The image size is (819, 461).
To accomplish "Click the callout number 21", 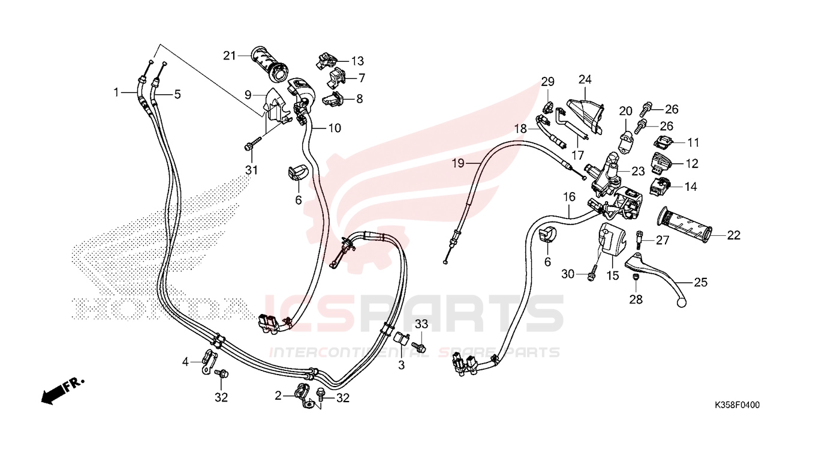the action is [x=229, y=56].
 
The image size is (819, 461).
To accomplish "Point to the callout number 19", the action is [x=458, y=163].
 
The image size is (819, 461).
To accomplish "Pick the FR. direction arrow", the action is [x=62, y=391].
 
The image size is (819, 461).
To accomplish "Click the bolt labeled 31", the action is [x=253, y=143].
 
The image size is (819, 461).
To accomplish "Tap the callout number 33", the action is [x=421, y=324].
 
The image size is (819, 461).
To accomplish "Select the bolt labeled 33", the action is [x=419, y=345].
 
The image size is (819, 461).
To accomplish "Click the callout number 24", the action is [x=585, y=79].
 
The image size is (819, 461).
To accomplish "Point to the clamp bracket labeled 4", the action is [x=209, y=362].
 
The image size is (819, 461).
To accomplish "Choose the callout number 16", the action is [x=569, y=197].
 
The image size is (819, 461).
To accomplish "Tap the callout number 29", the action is [x=548, y=82].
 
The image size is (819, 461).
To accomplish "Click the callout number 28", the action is [x=636, y=300].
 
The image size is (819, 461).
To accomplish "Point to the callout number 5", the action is [x=177, y=94].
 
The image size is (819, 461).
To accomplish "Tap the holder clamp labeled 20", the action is [x=626, y=141].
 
